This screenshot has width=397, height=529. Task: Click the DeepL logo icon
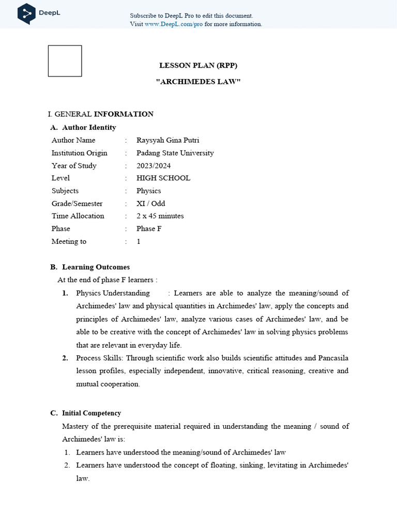[x=26, y=13]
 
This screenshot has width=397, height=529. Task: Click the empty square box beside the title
[x=65, y=61]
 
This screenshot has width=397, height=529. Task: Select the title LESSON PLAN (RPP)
[x=198, y=65]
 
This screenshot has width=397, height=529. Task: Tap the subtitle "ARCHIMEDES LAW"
[x=198, y=82]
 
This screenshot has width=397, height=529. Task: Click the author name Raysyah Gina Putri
[x=167, y=140]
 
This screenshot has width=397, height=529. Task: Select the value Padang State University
[x=175, y=153]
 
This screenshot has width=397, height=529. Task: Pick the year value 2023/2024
[x=154, y=166]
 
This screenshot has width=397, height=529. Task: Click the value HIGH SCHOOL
[x=163, y=178]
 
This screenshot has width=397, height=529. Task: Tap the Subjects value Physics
[x=148, y=191]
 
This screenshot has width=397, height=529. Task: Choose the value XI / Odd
[x=151, y=204]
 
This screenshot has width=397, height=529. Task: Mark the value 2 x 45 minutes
[x=160, y=216]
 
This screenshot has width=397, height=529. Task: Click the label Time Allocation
[x=78, y=216]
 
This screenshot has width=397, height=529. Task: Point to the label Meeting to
[x=69, y=241]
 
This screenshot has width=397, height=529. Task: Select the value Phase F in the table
[x=149, y=229]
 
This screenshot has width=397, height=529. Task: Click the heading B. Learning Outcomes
[x=90, y=267]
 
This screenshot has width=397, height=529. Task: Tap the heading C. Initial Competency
[x=86, y=413]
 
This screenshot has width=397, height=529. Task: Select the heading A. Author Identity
[x=83, y=128]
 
